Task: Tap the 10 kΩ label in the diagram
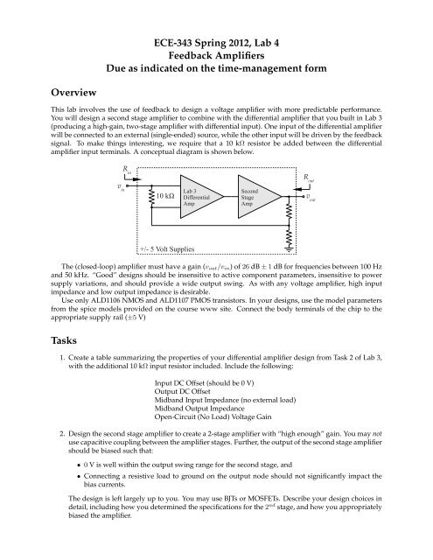159,198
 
